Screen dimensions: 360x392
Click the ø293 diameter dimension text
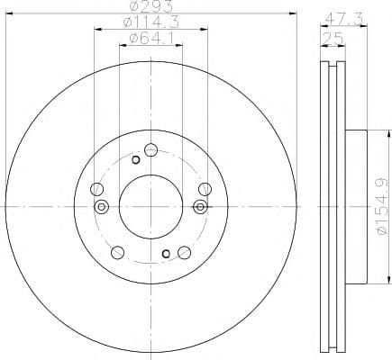click(150, 8)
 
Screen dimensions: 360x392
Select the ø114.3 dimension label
click(150, 22)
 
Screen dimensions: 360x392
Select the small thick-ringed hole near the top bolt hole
click(135, 160)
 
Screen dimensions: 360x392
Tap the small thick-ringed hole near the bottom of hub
click(165, 253)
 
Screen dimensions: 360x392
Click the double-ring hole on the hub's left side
click(102, 207)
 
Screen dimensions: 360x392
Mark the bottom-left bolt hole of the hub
click(117, 252)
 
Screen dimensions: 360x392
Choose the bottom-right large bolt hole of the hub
click(184, 252)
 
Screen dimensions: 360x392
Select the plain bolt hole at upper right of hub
click(204, 188)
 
